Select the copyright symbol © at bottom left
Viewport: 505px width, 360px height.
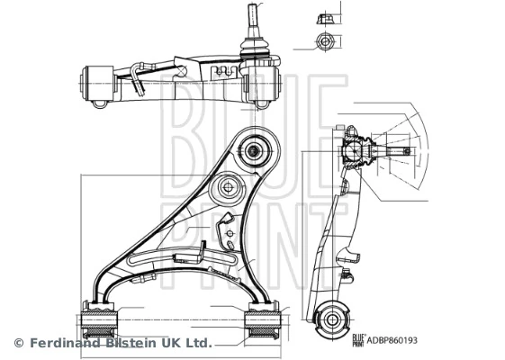pyautogui.click(x=18, y=343)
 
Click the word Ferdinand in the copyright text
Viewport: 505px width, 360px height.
pyautogui.click(x=63, y=343)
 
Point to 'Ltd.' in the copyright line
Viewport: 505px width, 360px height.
pyautogui.click(x=198, y=343)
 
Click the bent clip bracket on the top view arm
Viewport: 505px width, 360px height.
pyautogui.click(x=138, y=77)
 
